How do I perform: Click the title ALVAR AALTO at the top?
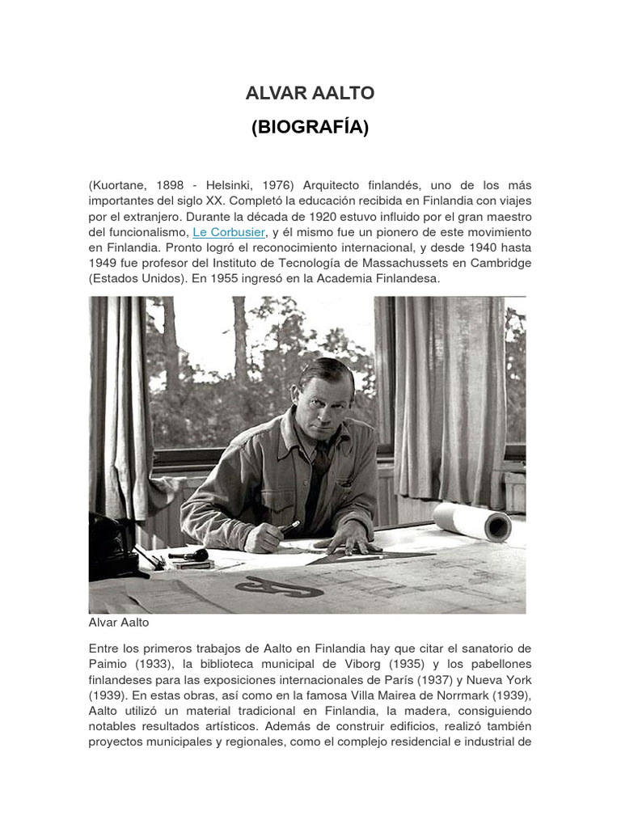[310, 93]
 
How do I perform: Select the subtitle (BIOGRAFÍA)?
[310, 128]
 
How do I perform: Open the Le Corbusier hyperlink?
[229, 232]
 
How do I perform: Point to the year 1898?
[178, 186]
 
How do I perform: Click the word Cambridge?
[499, 263]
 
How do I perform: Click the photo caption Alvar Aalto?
[119, 623]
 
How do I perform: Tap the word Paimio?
[109, 664]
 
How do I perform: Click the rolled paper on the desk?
[472, 521]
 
